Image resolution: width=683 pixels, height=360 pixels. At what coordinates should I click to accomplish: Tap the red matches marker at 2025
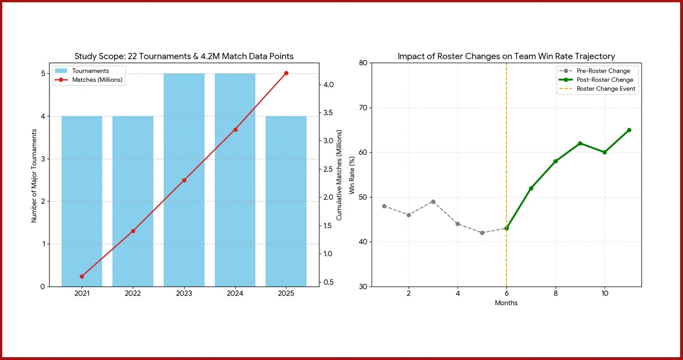[x=286, y=73]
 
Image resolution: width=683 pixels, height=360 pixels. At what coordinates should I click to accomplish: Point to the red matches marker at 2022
[x=133, y=231]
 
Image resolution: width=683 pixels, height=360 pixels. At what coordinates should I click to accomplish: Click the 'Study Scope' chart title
[x=184, y=56]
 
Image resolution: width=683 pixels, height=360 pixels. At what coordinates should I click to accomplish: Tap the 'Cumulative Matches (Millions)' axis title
[x=339, y=175]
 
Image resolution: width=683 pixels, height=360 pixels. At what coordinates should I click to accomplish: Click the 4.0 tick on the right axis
[x=328, y=85]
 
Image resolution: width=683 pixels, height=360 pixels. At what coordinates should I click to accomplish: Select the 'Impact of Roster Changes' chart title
[x=506, y=56]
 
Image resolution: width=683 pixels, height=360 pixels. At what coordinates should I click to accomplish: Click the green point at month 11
[x=629, y=130]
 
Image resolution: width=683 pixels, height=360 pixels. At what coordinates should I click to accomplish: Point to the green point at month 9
[x=580, y=143]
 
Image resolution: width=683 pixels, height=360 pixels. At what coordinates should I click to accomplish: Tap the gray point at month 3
[x=433, y=202]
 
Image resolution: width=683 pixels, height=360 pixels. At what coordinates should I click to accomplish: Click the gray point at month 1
[x=384, y=206]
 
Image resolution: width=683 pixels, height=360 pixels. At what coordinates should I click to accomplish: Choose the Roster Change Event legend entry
[x=606, y=89]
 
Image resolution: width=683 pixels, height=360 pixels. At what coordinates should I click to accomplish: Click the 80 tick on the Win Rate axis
[x=362, y=63]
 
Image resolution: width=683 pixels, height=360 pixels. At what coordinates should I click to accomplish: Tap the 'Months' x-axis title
[x=506, y=303]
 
